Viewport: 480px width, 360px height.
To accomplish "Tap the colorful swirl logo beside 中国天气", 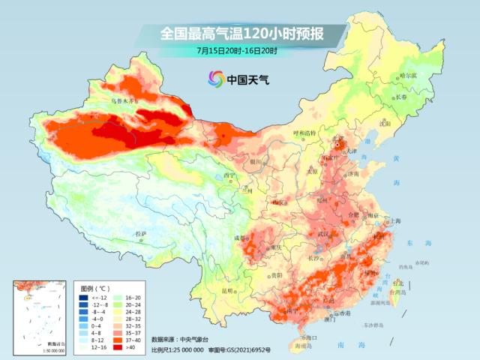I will pos(216,78).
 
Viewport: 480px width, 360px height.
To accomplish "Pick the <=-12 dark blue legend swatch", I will pos(83,297).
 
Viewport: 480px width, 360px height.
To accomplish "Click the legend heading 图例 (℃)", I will pos(96,288).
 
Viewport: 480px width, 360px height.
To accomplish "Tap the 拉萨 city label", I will pos(140,235).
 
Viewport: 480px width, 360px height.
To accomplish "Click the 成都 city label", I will pos(240,238).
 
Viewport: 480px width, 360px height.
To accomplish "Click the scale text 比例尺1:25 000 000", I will pos(177,349).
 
